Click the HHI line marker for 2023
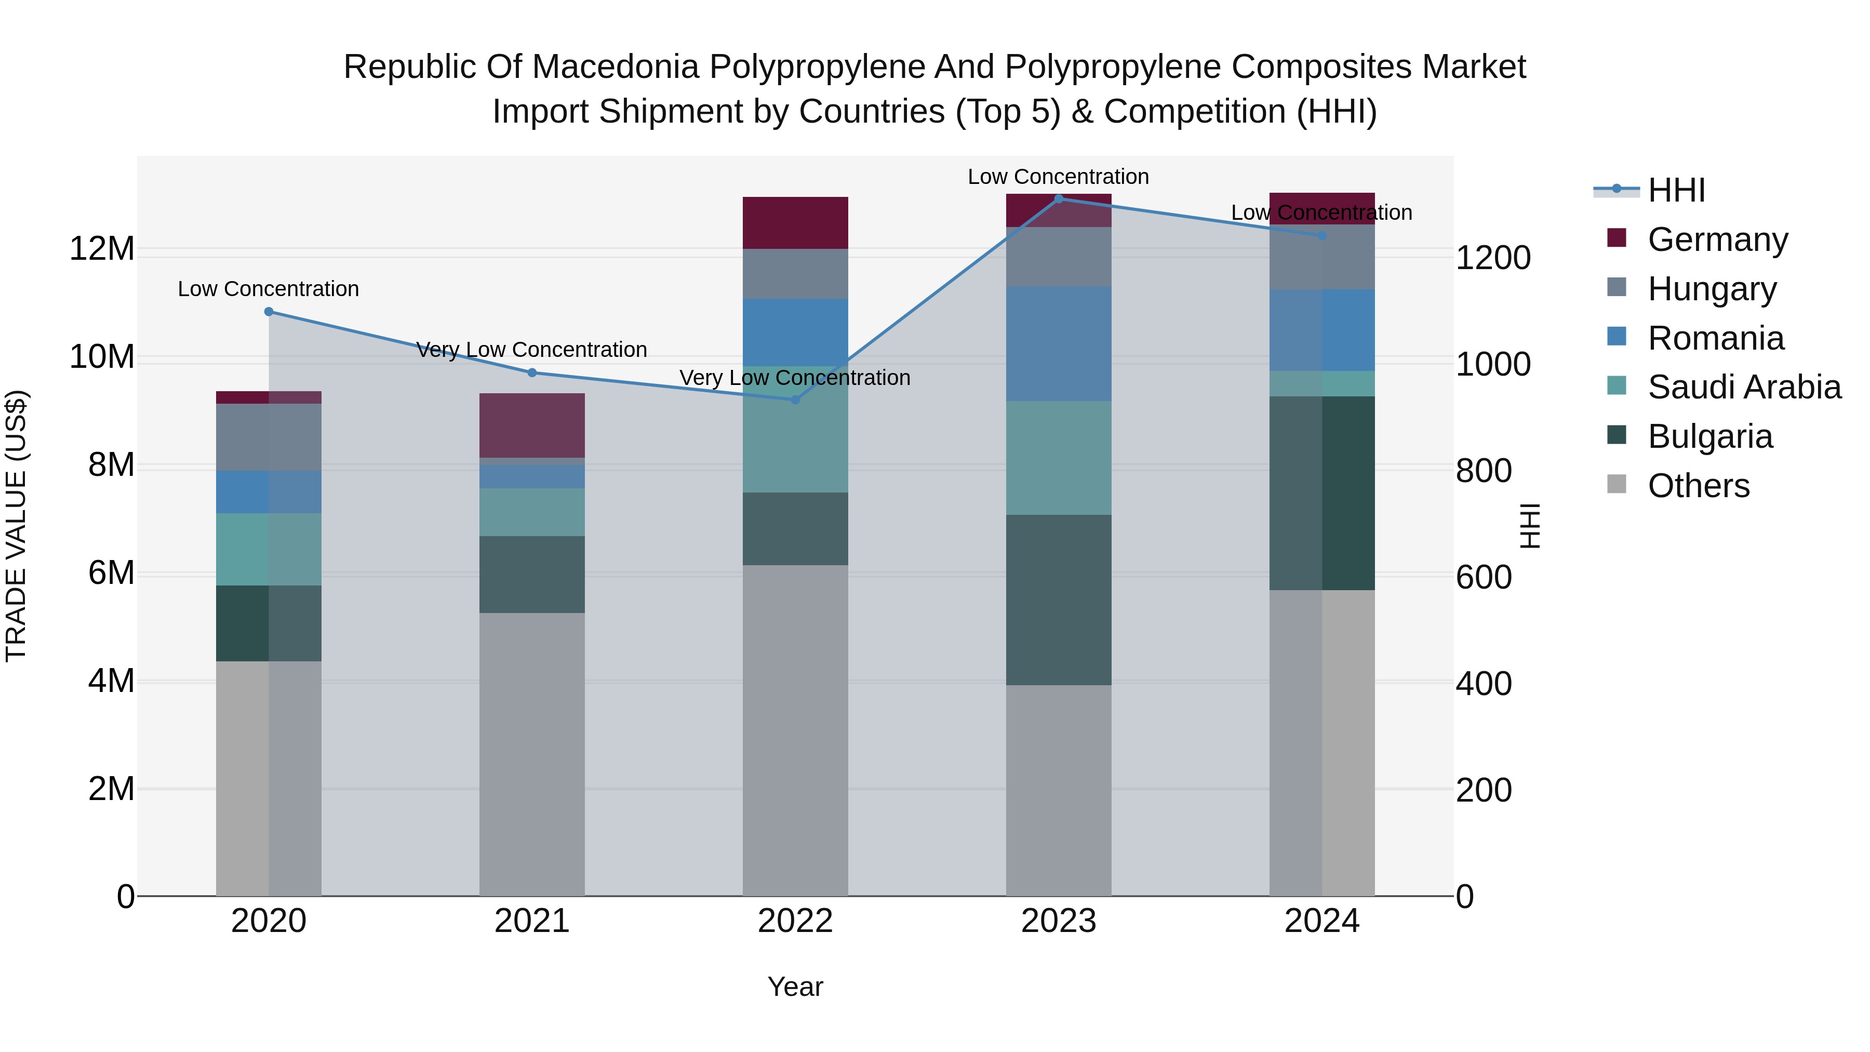(1059, 198)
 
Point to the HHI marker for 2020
(269, 312)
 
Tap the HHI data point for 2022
(795, 400)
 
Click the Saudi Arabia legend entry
(1744, 387)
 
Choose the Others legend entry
(1698, 486)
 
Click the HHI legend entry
(1675, 190)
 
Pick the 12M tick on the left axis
(102, 249)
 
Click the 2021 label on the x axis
(531, 921)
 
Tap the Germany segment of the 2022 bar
(795, 223)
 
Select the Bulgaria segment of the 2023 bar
(1059, 600)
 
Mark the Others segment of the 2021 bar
(531, 755)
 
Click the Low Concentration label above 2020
(269, 289)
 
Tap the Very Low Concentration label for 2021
(531, 350)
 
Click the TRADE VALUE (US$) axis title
(16, 526)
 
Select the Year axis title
(795, 987)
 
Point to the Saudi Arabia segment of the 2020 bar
(269, 550)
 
